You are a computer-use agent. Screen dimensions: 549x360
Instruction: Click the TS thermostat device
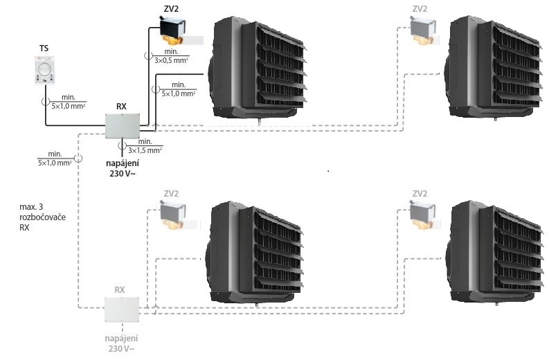pos(45,70)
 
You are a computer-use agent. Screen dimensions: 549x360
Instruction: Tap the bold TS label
pos(44,48)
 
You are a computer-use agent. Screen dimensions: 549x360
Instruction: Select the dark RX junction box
pos(123,125)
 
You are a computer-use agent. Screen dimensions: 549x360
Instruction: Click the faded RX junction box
pos(122,309)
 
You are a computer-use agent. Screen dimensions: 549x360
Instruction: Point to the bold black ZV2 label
pos(171,9)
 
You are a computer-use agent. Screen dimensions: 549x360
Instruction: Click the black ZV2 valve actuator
pos(172,31)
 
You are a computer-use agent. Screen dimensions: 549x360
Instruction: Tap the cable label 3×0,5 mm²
pos(171,60)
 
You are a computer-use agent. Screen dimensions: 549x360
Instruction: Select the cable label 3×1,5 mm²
pos(145,151)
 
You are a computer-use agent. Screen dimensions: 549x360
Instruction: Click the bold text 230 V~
pos(123,173)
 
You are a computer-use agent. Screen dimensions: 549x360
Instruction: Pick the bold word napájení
pos(123,163)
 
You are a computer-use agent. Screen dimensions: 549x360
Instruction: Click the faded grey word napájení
pos(121,339)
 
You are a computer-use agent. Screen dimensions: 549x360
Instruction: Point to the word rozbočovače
pos(42,217)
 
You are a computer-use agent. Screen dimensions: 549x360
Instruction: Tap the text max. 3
pos(31,206)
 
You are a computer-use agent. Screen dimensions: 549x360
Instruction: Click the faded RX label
pos(119,290)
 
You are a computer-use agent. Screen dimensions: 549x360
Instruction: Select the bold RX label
pos(121,107)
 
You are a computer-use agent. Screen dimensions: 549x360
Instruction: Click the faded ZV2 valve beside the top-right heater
pos(423,31)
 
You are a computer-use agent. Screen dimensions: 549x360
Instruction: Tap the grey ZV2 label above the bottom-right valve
pos(420,194)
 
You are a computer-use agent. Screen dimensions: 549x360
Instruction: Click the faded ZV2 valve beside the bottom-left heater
pos(174,215)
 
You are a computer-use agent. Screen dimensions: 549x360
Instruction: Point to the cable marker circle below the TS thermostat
pos(46,102)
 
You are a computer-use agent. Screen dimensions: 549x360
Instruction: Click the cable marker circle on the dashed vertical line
pos(78,159)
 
